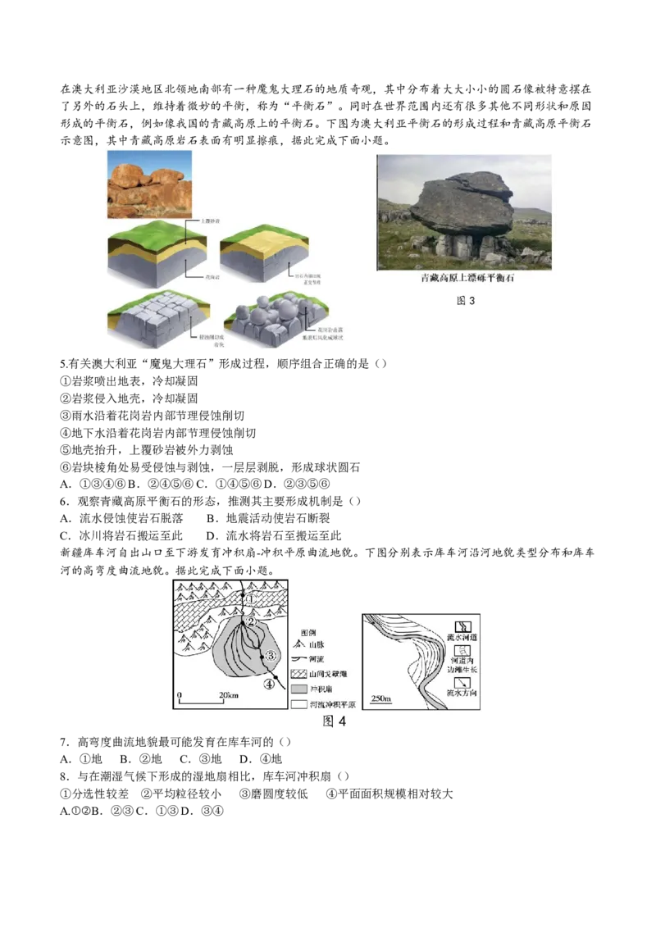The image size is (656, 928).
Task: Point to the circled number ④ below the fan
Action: coord(269,685)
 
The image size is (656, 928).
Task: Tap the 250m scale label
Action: coord(382,698)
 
